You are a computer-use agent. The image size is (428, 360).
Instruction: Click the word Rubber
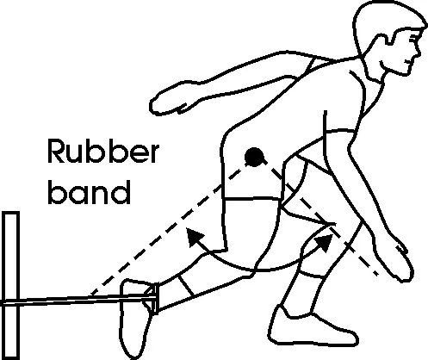tap(103, 151)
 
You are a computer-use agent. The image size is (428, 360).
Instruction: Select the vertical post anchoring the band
tap(11, 285)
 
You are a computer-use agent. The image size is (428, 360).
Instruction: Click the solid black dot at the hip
tap(254, 157)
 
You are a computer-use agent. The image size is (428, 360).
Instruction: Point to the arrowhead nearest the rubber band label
tap(194, 237)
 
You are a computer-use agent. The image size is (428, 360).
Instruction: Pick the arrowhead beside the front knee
tap(325, 242)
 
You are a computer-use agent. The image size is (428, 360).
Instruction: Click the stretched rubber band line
tap(78, 300)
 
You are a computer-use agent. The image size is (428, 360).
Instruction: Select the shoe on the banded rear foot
tap(135, 319)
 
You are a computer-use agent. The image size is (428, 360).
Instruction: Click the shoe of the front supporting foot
tap(312, 327)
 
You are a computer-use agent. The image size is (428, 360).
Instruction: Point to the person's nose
tap(419, 52)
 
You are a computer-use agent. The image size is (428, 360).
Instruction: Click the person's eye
tap(412, 37)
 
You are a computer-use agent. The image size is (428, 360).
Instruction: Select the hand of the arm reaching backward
tap(168, 102)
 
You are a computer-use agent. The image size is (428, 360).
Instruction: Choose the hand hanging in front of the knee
tap(403, 260)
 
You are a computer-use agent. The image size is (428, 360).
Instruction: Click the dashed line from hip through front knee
tap(320, 218)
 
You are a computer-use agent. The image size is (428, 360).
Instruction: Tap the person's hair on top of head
tap(388, 15)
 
